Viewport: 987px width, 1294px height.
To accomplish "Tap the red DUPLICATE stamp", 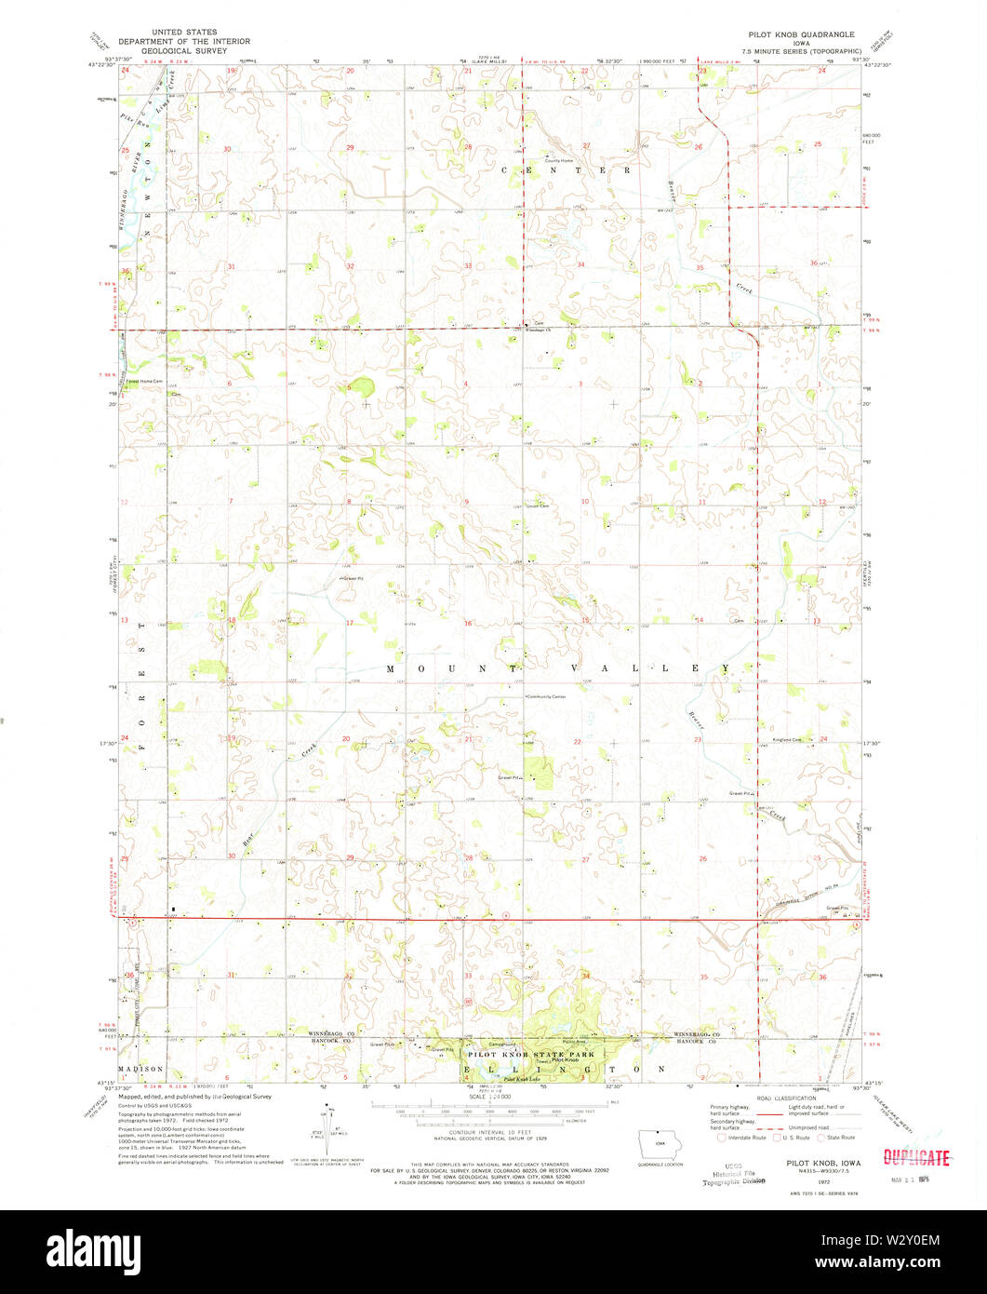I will [x=916, y=1158].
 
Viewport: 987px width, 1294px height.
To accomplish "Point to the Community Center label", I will [x=546, y=696].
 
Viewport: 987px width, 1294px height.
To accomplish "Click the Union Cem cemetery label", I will [x=538, y=506].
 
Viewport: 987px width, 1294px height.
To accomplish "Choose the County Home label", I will [x=558, y=160].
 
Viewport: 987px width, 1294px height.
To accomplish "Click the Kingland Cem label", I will [x=787, y=739].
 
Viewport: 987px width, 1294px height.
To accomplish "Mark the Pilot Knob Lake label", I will [x=522, y=1079].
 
